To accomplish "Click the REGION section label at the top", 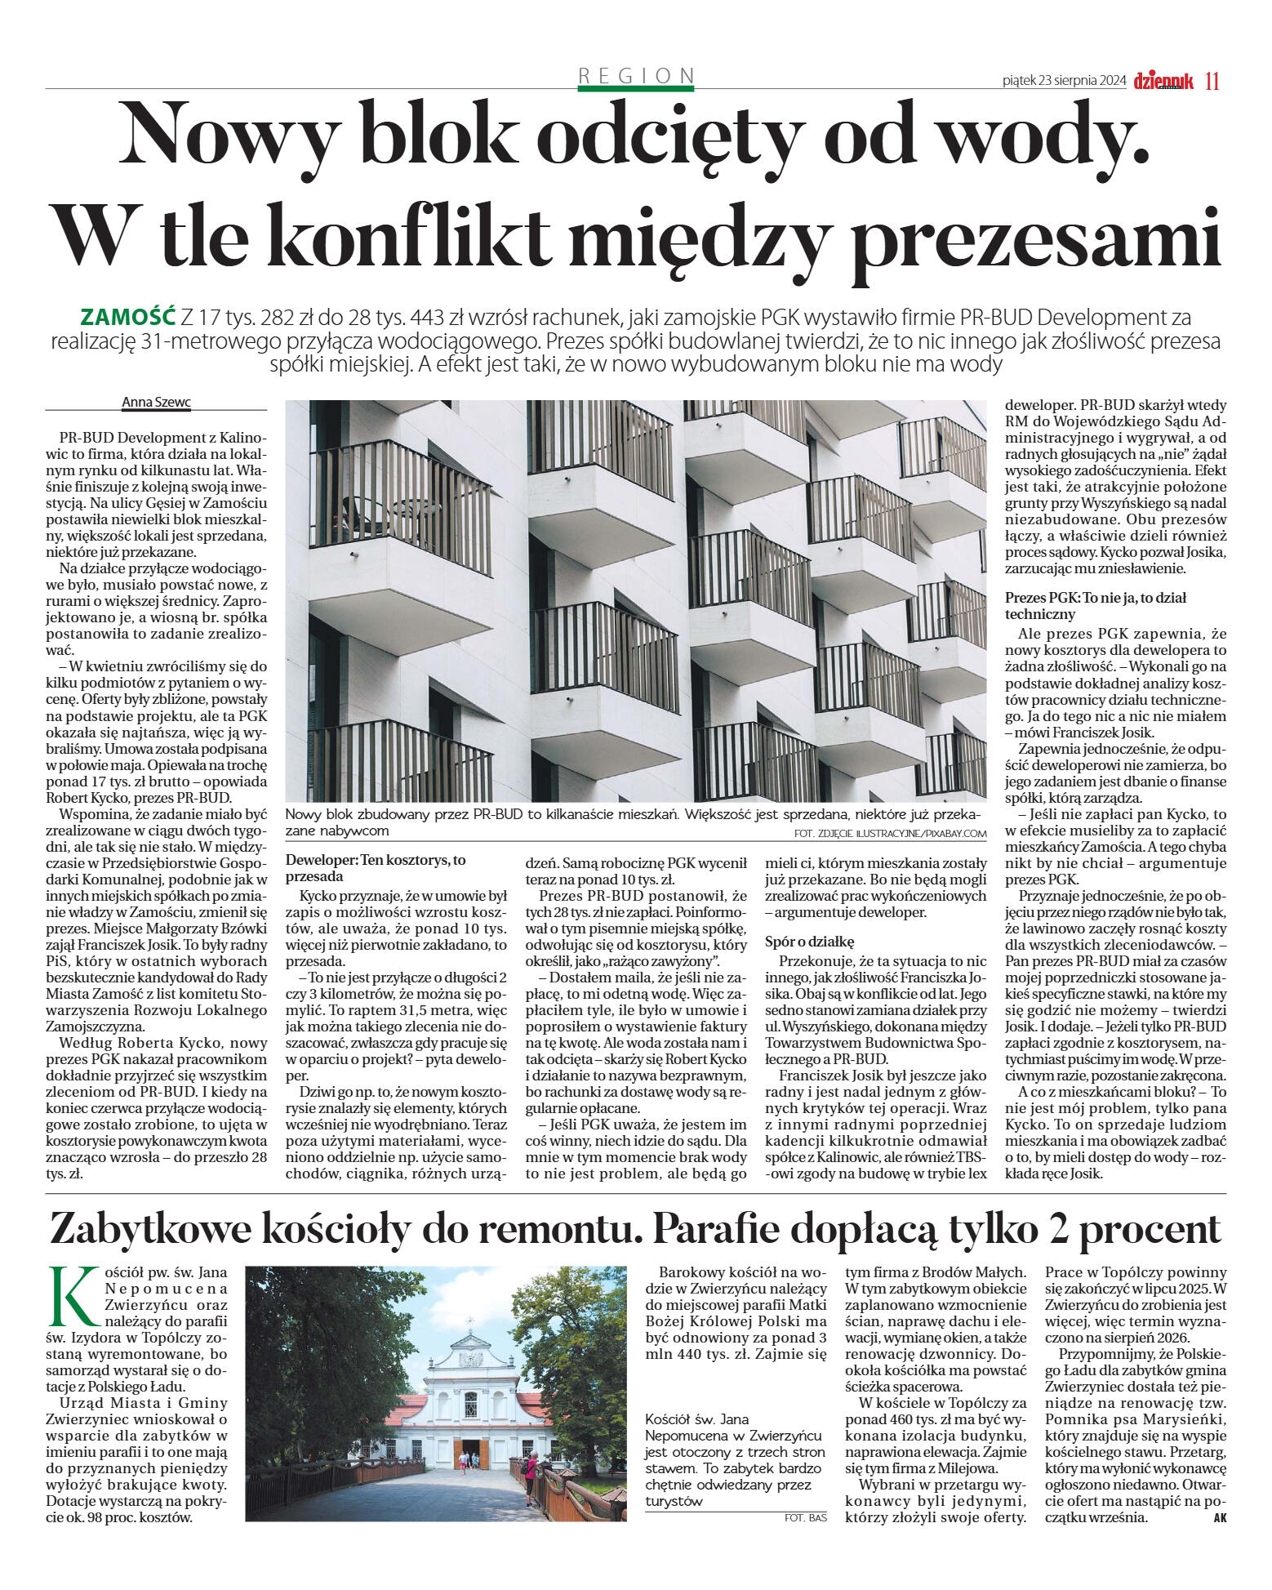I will pyautogui.click(x=636, y=76).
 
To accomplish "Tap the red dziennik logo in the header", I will pyautogui.click(x=1163, y=81).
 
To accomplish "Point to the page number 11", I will pyautogui.click(x=1212, y=81).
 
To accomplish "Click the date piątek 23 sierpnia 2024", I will pyautogui.click(x=1064, y=81).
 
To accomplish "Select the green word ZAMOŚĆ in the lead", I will pyautogui.click(x=128, y=316).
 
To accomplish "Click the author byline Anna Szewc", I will pyautogui.click(x=155, y=402).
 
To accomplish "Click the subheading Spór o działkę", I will pyautogui.click(x=809, y=942).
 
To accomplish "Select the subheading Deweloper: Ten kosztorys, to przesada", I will pyautogui.click(x=376, y=867).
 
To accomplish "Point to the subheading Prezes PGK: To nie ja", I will pyautogui.click(x=1083, y=605).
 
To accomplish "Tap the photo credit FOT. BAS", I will pyautogui.click(x=804, y=1517).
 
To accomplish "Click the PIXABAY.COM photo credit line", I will pyautogui.click(x=890, y=833).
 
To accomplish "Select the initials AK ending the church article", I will pyautogui.click(x=1220, y=1518).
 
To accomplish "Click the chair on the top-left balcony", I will pyautogui.click(x=353, y=515).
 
